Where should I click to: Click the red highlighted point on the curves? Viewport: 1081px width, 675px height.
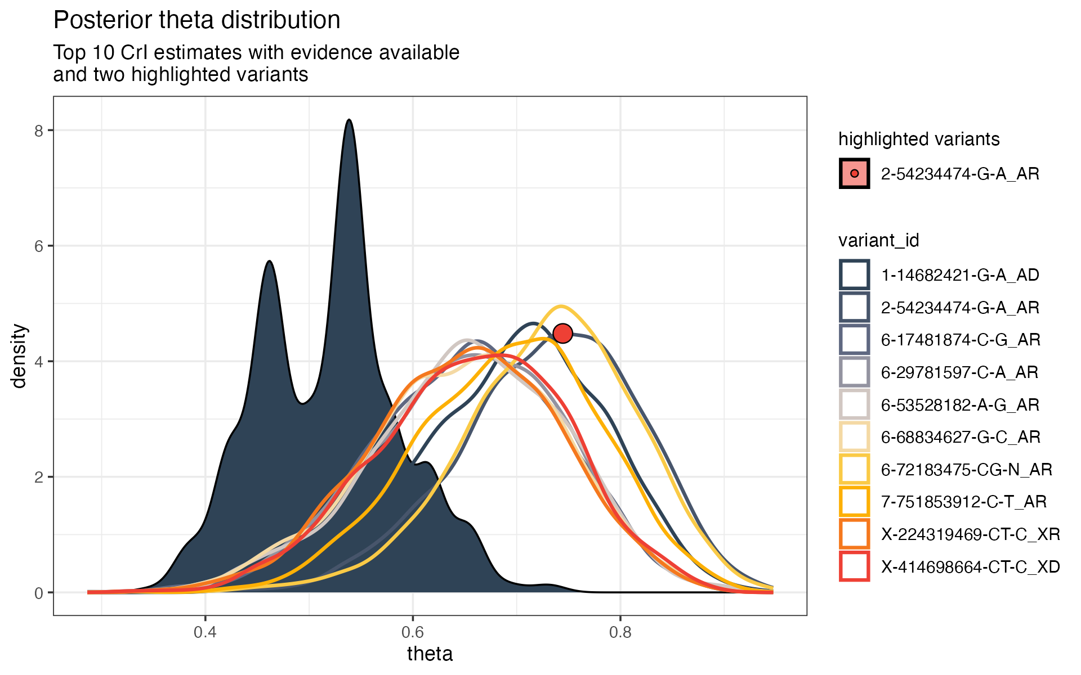tap(563, 334)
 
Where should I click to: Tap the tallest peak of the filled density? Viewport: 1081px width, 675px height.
tap(350, 120)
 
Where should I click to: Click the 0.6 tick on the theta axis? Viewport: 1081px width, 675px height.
tap(413, 632)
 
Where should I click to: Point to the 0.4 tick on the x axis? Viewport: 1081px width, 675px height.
tap(205, 632)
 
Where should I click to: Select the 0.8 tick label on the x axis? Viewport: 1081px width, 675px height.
tap(620, 632)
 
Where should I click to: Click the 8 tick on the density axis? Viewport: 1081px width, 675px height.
tap(39, 131)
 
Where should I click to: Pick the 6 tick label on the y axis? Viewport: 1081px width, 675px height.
tap(39, 246)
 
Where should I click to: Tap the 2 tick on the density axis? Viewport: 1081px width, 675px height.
tap(39, 478)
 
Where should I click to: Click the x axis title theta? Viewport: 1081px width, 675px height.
tap(430, 654)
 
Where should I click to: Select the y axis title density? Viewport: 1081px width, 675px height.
tap(19, 356)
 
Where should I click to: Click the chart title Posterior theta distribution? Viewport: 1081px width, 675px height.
tap(196, 21)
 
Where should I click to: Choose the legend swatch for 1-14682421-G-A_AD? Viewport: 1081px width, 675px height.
tap(854, 274)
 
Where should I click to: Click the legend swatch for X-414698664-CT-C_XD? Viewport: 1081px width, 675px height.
tap(854, 566)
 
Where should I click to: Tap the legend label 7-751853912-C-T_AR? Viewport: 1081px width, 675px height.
tap(963, 502)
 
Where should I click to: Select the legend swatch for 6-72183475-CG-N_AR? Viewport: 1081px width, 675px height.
tap(854, 469)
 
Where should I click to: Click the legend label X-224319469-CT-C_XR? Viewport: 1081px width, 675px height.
tap(970, 534)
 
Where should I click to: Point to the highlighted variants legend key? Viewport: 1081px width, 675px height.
tap(854, 173)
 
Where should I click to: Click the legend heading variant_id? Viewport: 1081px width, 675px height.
tap(878, 241)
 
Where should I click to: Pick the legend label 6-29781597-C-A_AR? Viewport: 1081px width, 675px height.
tap(959, 372)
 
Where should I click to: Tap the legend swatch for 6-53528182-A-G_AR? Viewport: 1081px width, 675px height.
tap(854, 404)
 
